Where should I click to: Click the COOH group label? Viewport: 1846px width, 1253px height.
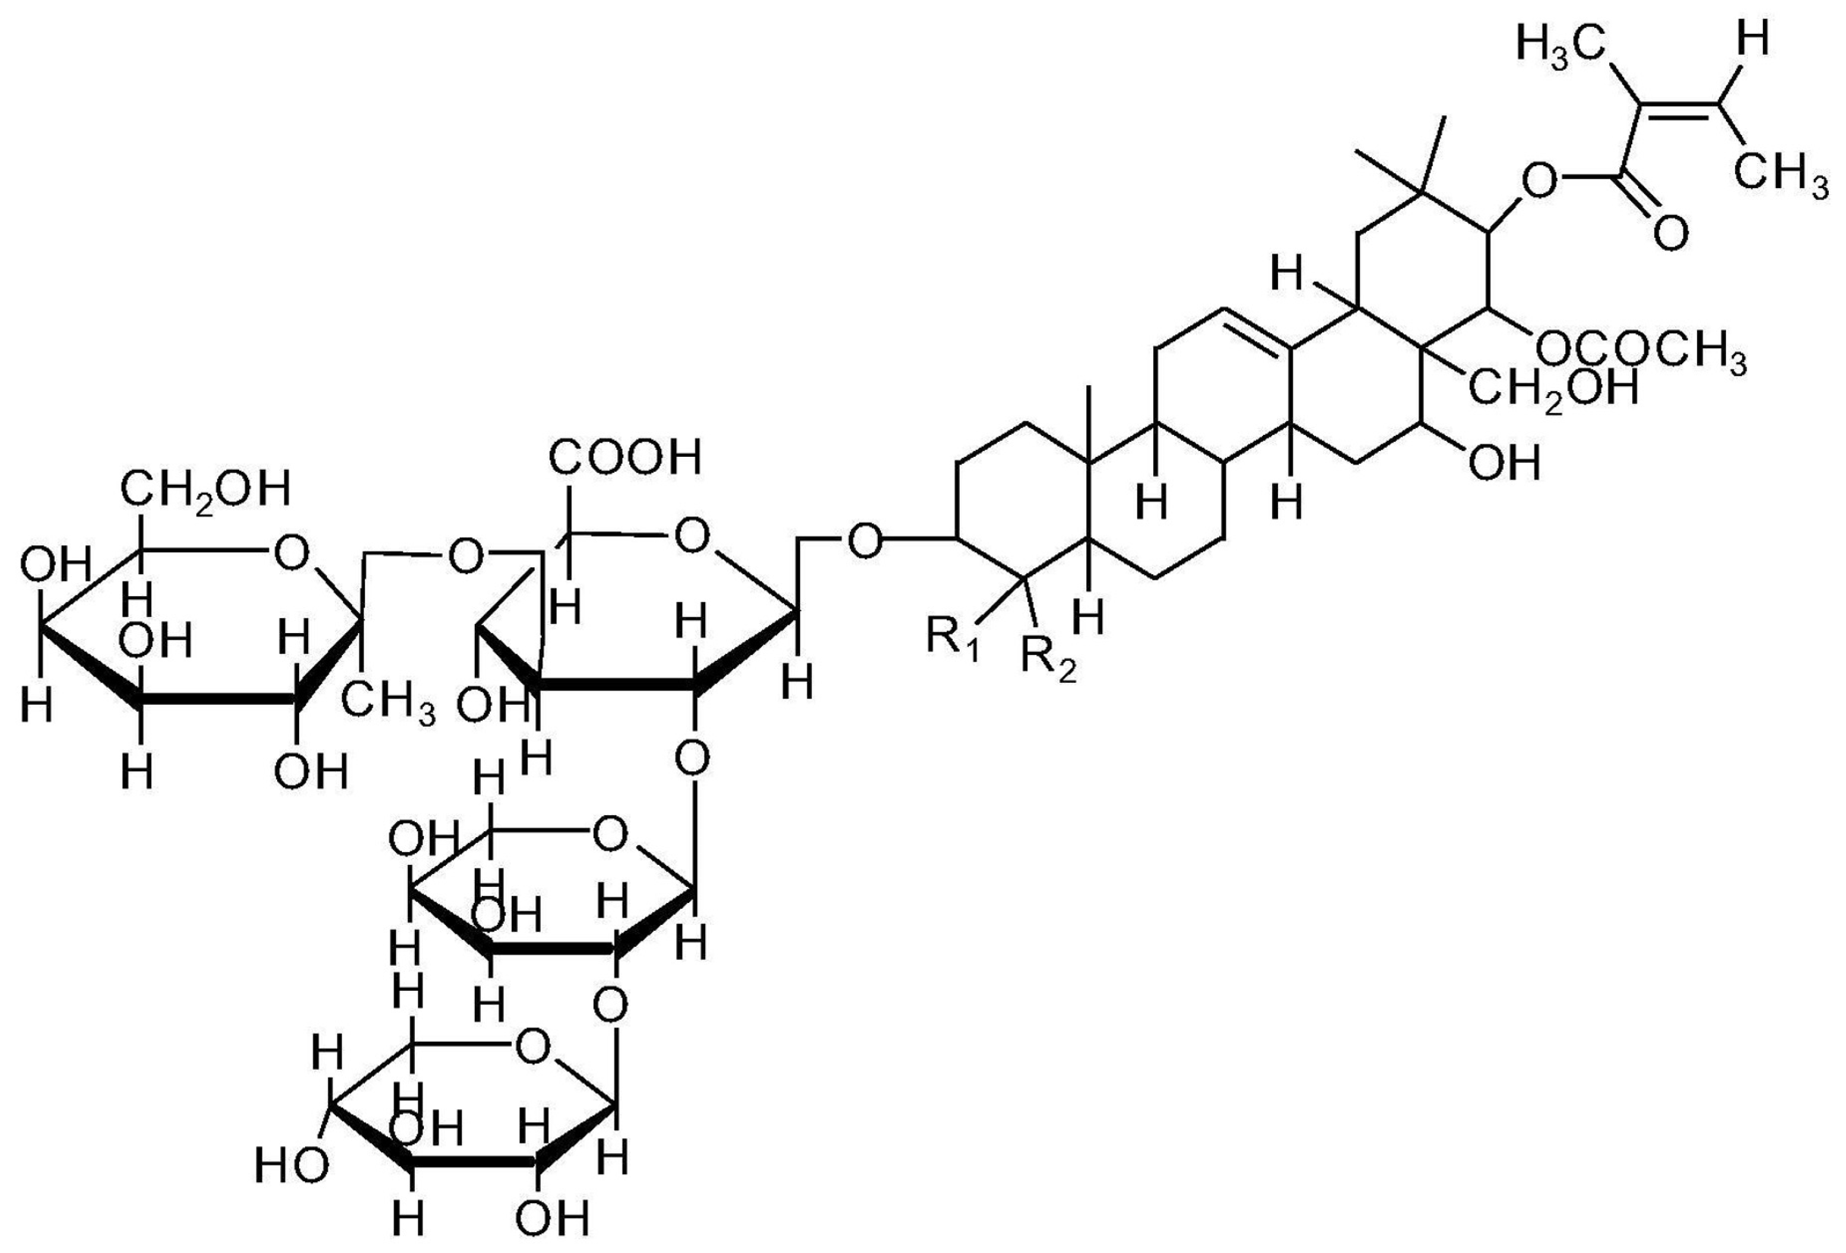626,457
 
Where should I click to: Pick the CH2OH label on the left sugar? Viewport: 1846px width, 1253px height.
205,490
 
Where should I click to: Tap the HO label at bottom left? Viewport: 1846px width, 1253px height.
291,1166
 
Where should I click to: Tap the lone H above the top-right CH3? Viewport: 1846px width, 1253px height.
1752,40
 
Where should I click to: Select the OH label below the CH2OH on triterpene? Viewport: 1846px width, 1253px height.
1504,462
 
